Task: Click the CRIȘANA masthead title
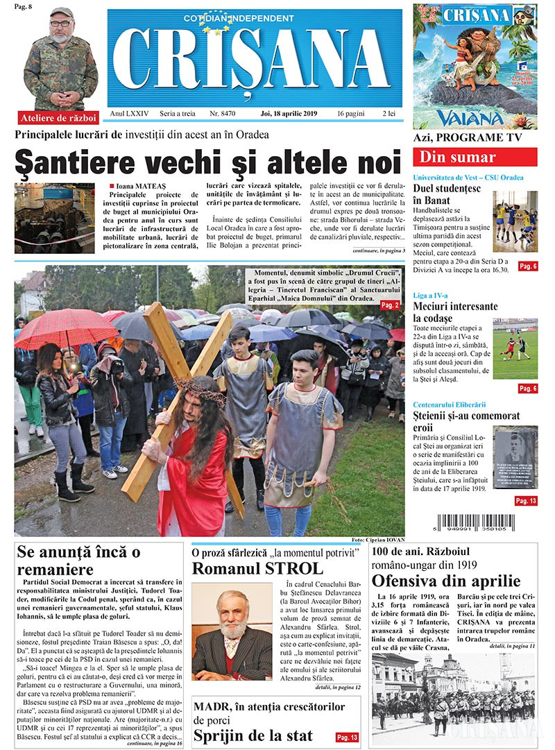pos(255,62)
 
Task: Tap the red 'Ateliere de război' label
pos(59,117)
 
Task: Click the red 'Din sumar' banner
pos(475,157)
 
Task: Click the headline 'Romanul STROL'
pos(257,569)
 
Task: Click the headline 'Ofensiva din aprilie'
pos(445,580)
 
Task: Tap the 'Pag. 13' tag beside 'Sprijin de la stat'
pos(346,737)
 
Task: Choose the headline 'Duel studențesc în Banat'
pos(448,194)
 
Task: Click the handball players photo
pos(515,221)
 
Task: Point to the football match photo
pos(515,348)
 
